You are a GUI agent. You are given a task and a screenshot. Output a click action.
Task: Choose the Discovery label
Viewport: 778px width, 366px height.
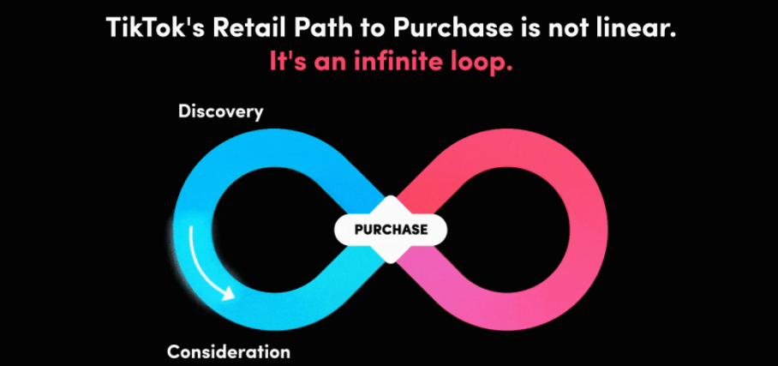(220, 111)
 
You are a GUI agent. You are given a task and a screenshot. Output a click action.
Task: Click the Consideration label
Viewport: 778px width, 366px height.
(228, 351)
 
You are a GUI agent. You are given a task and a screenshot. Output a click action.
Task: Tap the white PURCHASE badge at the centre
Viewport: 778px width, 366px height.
(391, 230)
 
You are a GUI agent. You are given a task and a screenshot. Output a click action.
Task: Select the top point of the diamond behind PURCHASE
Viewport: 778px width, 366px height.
(391, 195)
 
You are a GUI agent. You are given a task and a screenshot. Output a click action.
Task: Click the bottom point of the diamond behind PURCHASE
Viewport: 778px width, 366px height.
(391, 263)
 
